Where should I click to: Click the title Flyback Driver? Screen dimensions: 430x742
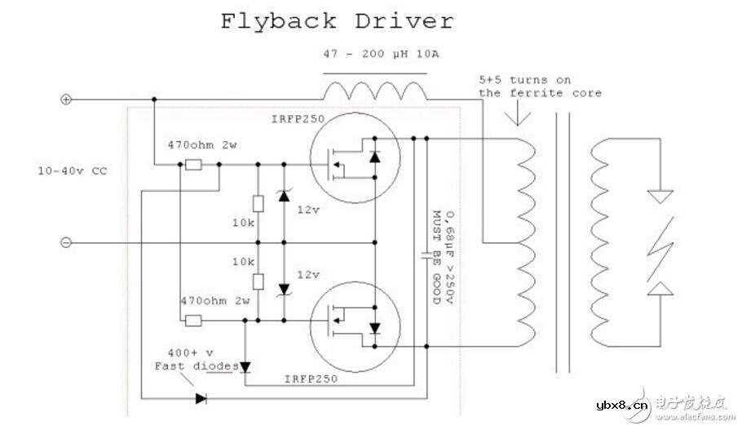pos(336,20)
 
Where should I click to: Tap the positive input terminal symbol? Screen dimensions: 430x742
pos(67,100)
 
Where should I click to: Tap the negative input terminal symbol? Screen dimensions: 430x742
pos(67,242)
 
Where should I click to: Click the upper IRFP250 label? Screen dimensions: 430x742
pos(298,120)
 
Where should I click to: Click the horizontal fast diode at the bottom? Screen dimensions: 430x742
pos(201,399)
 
